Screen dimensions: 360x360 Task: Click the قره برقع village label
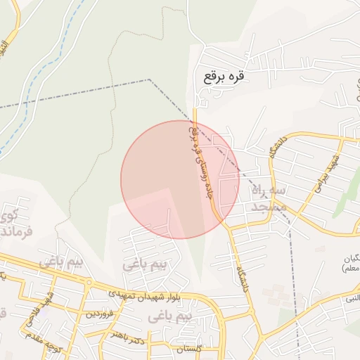coord(226,75)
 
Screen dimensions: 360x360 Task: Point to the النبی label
coord(350,299)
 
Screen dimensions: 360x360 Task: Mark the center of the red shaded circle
coord(180,179)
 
